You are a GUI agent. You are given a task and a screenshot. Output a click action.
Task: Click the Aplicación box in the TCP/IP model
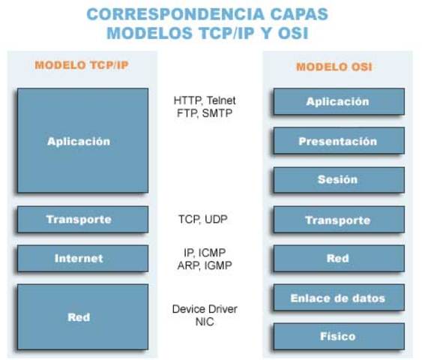pos(82,141)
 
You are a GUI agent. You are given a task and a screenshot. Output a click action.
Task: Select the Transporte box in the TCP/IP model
pos(82,220)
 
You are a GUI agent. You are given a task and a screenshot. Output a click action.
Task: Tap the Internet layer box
pos(82,259)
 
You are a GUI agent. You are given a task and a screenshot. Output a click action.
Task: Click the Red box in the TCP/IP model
pos(82,317)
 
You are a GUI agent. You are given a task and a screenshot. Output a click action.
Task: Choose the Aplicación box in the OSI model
pos(338,101)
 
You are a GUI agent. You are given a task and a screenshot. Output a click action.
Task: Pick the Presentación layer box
pos(338,141)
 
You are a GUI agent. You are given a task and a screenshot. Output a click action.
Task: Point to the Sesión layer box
pos(338,180)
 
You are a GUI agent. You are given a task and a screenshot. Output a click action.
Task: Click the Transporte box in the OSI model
pos(338,220)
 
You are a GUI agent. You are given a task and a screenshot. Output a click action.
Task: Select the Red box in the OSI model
pos(338,259)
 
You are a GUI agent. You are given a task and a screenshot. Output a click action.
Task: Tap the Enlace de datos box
pos(338,298)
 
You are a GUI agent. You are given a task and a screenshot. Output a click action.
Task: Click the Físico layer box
pos(338,337)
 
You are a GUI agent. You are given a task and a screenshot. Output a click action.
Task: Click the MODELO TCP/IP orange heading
pos(82,65)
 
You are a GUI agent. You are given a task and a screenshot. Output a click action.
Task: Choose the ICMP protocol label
pos(218,252)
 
